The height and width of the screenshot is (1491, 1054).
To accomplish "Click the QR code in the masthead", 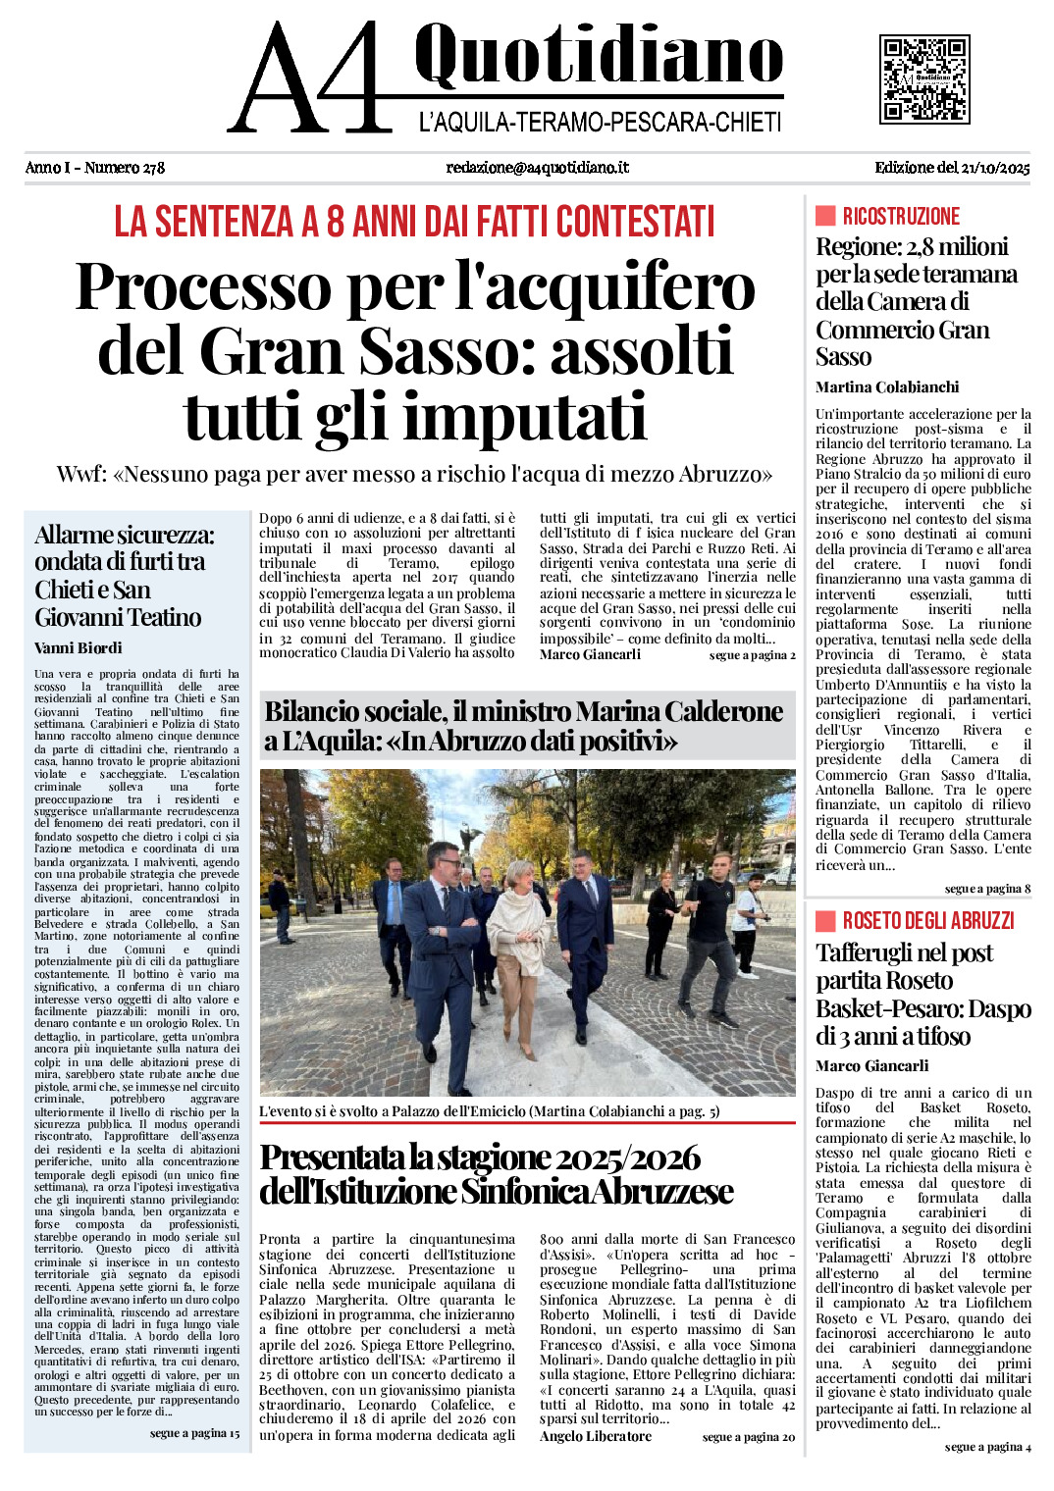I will point(924,78).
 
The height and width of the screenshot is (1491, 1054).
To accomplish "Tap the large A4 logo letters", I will point(306,78).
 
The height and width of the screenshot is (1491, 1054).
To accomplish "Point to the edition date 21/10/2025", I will point(995,168).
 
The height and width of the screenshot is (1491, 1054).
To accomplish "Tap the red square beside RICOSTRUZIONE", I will point(825,216).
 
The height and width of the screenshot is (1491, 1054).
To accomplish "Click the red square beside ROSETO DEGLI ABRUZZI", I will point(825,920).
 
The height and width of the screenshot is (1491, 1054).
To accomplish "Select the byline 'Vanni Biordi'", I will point(79,647).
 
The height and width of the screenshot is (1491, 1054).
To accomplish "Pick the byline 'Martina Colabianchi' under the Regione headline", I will point(887,386).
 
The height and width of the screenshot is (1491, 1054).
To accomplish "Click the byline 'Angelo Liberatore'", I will point(596,1436).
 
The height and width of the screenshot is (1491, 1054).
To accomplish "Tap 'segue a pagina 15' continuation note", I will point(194,1433).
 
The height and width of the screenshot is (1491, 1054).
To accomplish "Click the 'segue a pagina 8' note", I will point(987,889).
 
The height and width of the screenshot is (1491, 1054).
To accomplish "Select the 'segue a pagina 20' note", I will point(749,1437).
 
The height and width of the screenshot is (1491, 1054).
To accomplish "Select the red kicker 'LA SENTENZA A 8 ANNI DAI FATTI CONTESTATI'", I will point(414,222).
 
